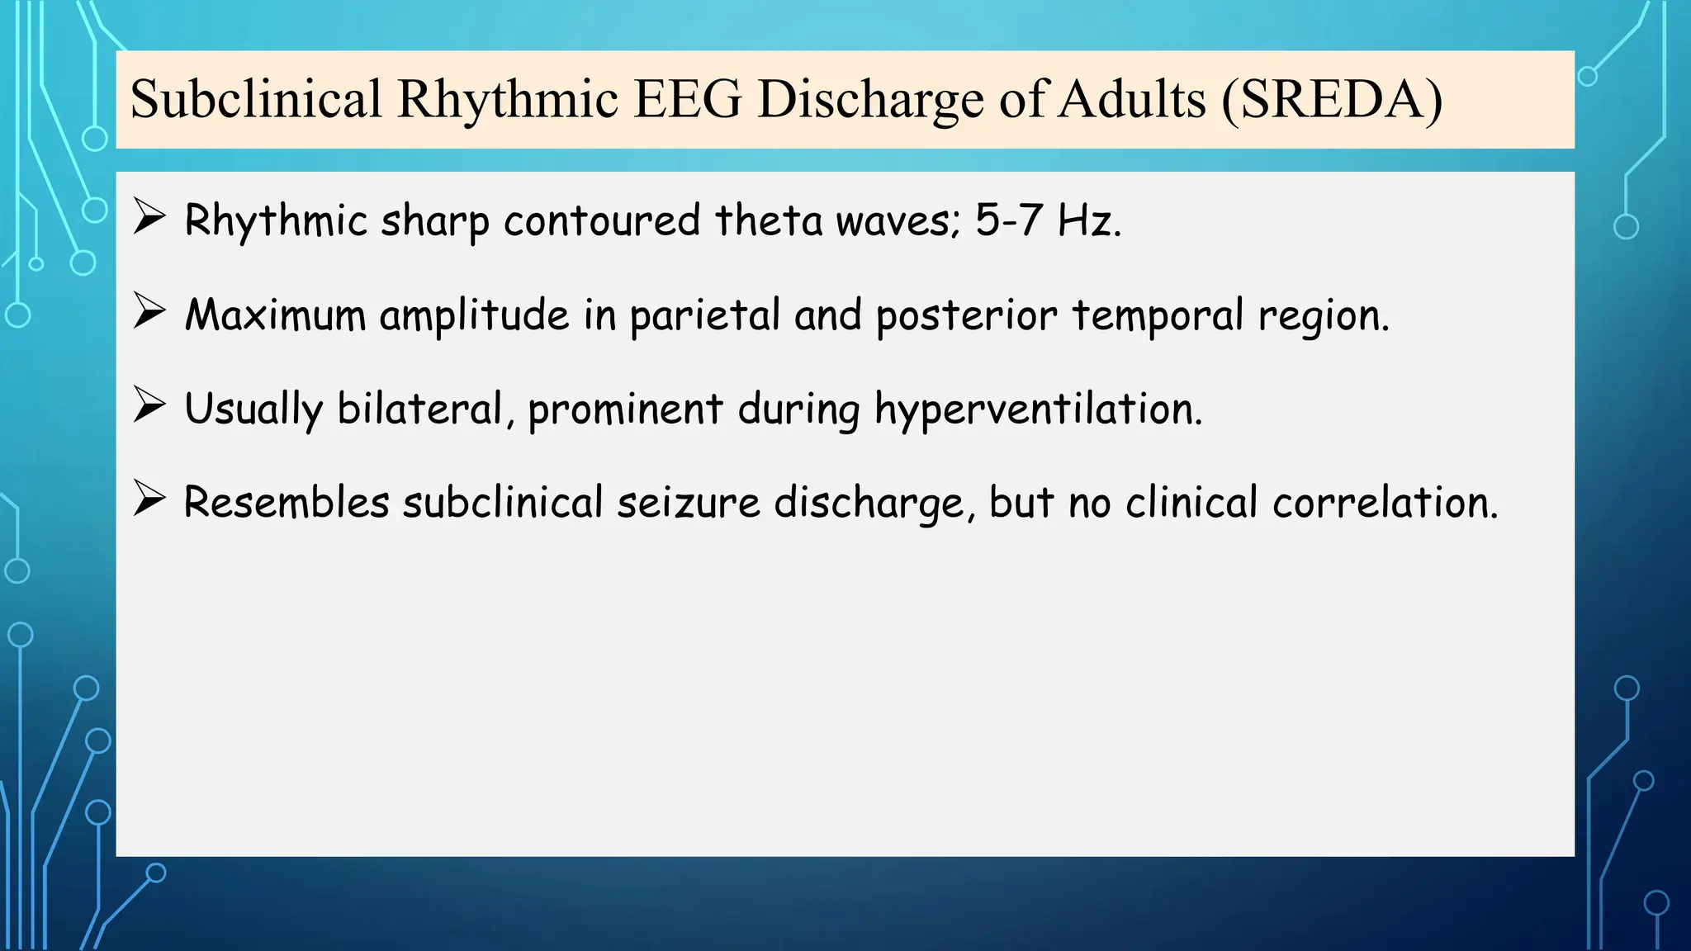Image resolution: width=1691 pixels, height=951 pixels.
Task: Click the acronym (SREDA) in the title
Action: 1331,100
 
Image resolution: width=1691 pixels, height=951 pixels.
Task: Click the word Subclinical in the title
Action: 256,100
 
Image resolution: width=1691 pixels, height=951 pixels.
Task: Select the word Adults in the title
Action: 1132,100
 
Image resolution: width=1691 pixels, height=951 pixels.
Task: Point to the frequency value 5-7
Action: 1007,220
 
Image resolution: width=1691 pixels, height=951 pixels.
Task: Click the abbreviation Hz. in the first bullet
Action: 1089,220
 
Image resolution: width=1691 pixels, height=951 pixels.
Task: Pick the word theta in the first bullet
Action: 768,220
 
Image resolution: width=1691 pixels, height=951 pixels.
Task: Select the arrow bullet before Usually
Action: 149,406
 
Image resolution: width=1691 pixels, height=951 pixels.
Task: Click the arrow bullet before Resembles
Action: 149,499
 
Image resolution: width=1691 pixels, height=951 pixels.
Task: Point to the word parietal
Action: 704,316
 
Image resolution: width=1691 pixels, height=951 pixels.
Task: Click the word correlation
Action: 1385,503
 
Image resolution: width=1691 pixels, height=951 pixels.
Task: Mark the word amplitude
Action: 474,316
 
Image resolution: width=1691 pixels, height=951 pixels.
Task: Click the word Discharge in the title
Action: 870,100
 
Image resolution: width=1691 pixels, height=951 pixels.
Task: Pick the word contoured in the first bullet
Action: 602,220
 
